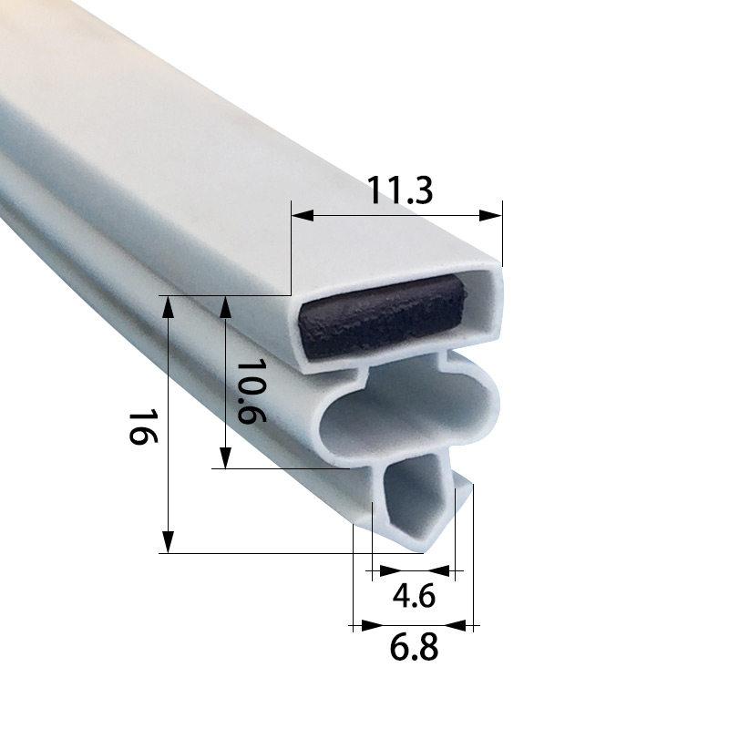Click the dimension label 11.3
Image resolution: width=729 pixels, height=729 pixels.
[x=400, y=190]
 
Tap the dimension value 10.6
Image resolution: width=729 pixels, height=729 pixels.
[x=252, y=391]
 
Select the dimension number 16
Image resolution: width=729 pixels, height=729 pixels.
[x=143, y=426]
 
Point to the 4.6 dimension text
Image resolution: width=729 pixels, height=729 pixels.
[x=414, y=596]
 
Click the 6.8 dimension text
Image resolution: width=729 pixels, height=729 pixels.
[x=414, y=647]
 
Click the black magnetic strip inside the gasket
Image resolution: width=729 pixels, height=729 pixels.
[x=382, y=316]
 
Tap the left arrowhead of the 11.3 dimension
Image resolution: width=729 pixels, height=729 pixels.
[x=303, y=215]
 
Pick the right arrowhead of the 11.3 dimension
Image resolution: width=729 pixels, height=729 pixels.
[x=490, y=215]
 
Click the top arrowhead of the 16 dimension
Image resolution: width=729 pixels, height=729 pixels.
[x=168, y=307]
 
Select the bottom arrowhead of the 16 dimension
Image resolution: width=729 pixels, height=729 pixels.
[x=168, y=541]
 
